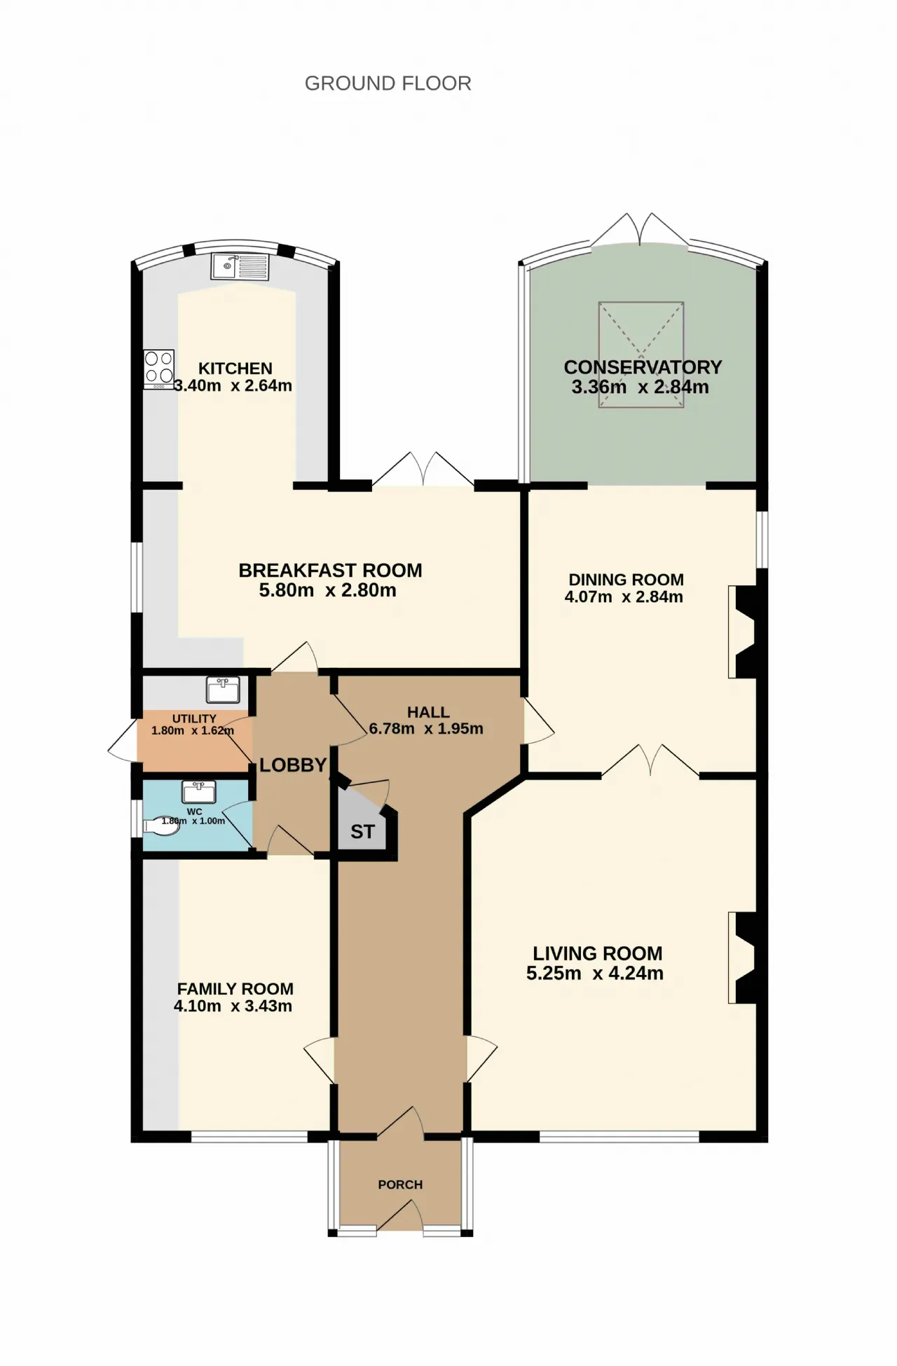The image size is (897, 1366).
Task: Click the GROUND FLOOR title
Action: point(388,83)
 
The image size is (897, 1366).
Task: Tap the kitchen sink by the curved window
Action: point(240,266)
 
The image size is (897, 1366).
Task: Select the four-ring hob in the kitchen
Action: point(159,369)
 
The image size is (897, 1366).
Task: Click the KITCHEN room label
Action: point(235,369)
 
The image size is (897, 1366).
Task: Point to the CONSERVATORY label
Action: point(643,367)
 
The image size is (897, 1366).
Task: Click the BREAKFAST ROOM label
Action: point(330,571)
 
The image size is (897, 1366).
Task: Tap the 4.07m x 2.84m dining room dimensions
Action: point(624,597)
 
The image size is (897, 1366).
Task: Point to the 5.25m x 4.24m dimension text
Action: point(595,974)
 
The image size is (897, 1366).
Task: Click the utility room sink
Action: point(224,690)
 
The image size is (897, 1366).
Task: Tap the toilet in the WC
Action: point(161,826)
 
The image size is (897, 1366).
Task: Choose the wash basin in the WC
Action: point(199,792)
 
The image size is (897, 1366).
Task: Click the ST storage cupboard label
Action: point(362,832)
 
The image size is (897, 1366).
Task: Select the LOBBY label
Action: point(293,765)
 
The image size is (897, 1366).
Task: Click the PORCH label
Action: point(400,1184)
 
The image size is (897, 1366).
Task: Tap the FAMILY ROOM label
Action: point(235,989)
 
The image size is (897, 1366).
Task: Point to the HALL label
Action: point(428,712)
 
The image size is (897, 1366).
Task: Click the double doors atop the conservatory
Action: point(640,230)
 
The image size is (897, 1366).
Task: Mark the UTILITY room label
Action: point(194,718)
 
